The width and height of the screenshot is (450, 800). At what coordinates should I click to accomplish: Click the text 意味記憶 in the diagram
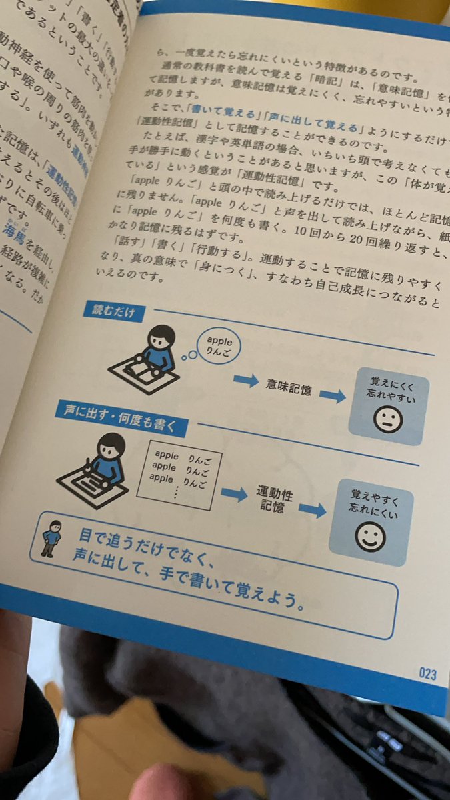coord(288,385)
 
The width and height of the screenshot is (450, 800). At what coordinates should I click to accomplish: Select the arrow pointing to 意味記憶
coord(246,381)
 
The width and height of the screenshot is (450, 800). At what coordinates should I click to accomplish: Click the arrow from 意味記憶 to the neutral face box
coord(333,395)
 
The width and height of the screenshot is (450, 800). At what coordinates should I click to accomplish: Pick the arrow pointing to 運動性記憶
coord(234,494)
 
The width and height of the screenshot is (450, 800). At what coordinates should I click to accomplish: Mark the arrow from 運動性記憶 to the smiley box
coord(312,510)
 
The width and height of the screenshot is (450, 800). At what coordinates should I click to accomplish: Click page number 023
coord(427,673)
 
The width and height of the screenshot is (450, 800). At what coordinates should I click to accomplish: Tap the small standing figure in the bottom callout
coord(51,537)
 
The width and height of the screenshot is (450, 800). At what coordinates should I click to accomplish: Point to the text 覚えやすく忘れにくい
coord(373,499)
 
